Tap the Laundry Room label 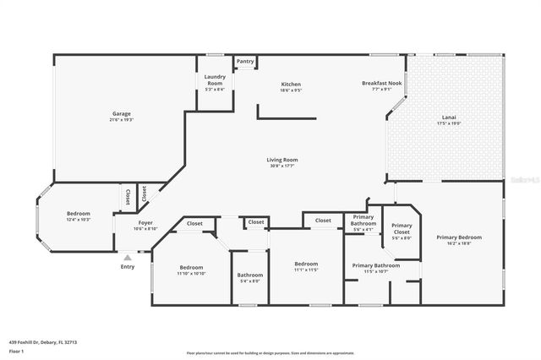214,80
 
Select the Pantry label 245,62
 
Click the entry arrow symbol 127,257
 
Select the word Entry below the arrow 127,267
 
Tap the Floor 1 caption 16,350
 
